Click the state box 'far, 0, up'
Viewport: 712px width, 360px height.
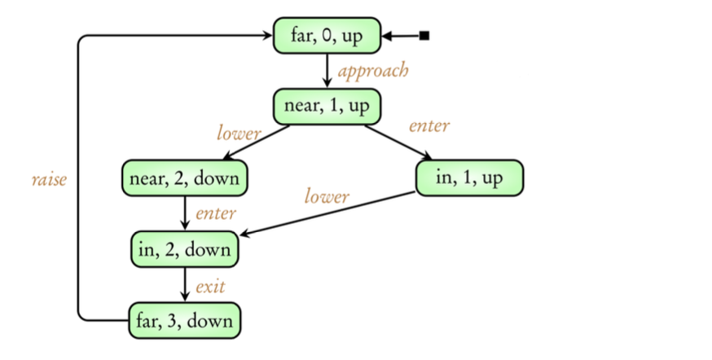(x=327, y=36)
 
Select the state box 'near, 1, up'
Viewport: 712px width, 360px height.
(x=327, y=106)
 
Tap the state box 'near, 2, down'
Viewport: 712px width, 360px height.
(x=184, y=178)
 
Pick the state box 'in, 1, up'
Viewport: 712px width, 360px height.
(x=469, y=178)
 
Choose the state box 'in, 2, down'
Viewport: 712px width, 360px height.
(x=185, y=249)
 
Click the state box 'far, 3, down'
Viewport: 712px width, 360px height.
(x=185, y=320)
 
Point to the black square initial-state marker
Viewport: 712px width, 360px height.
(x=424, y=36)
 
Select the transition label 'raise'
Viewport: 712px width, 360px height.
(x=49, y=180)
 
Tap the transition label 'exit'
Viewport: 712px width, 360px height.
(x=210, y=286)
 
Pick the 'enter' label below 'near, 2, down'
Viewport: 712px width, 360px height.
(x=216, y=214)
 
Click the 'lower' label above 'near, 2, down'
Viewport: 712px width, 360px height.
(x=239, y=131)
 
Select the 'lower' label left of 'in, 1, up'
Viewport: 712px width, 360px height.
(x=327, y=196)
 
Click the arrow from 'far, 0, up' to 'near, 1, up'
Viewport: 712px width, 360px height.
(x=327, y=70)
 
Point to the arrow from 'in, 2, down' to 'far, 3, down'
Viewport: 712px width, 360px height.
(x=185, y=284)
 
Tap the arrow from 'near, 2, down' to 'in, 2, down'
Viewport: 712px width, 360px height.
(x=185, y=213)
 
